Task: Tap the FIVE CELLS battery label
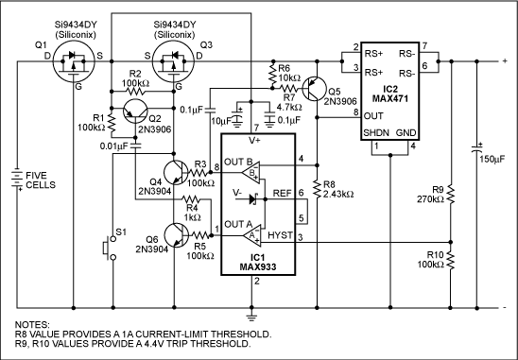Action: [x=42, y=180]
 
